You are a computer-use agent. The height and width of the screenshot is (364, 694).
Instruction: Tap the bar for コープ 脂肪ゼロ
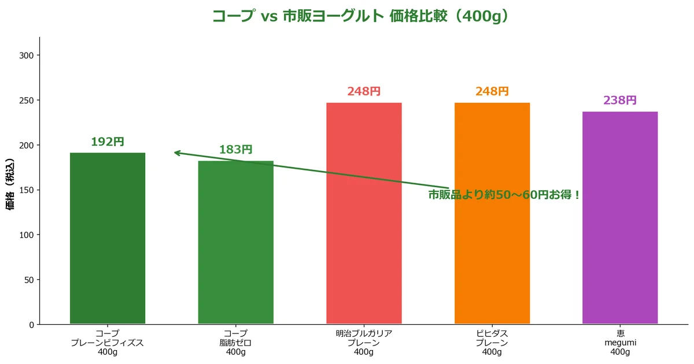tap(235, 243)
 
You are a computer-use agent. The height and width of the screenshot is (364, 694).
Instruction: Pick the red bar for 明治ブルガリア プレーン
tap(364, 214)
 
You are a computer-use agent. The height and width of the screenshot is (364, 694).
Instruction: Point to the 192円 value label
tap(108, 142)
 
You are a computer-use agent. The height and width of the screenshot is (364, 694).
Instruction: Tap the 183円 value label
tap(235, 150)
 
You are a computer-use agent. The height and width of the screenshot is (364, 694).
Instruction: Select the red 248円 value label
tap(364, 91)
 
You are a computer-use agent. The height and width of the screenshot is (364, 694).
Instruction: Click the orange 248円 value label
tap(492, 91)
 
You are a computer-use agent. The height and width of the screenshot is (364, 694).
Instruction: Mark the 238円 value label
tap(620, 100)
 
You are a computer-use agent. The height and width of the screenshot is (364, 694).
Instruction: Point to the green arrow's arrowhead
tap(176, 153)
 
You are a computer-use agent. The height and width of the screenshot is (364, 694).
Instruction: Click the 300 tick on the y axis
tap(27, 55)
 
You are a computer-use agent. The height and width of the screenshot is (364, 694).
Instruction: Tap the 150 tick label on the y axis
tap(27, 190)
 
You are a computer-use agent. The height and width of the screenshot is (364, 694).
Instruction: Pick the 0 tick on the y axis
tap(32, 325)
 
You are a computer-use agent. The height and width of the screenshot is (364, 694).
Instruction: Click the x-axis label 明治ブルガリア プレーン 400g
tap(364, 343)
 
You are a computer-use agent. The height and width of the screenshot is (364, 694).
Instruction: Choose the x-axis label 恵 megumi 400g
tap(620, 343)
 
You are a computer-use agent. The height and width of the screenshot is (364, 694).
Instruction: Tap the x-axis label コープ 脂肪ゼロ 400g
tap(235, 343)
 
